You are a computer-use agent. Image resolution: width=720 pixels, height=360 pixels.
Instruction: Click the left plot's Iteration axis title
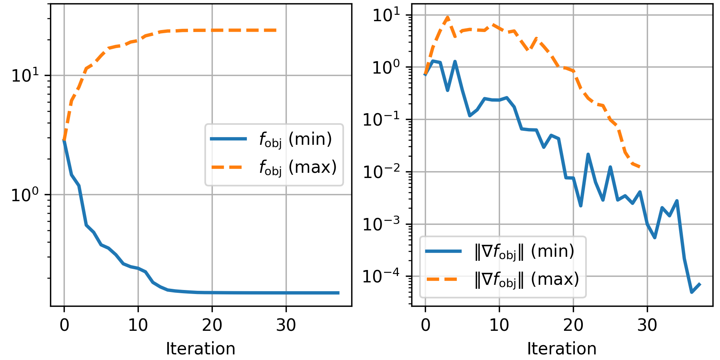point(200,349)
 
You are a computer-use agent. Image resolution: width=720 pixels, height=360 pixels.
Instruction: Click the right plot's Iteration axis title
point(562,349)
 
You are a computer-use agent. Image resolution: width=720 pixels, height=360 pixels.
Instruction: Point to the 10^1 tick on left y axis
point(25,75)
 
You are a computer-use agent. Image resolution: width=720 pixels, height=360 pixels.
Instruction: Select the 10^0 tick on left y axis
point(25,195)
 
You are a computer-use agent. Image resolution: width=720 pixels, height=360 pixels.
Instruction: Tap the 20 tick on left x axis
point(212,325)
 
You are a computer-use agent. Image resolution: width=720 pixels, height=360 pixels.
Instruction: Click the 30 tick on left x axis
point(286,325)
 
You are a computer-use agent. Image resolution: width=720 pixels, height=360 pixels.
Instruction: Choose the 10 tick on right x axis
point(499,325)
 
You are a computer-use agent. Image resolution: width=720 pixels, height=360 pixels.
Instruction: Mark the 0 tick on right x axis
point(425,325)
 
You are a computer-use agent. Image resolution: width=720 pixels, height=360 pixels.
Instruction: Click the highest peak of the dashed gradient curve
point(448,17)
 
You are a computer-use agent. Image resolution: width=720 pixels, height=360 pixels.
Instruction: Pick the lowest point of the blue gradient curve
point(692,292)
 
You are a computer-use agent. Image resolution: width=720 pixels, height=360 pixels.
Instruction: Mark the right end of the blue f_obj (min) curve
point(338,293)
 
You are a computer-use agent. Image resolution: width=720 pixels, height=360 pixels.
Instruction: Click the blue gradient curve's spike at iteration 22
point(588,154)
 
